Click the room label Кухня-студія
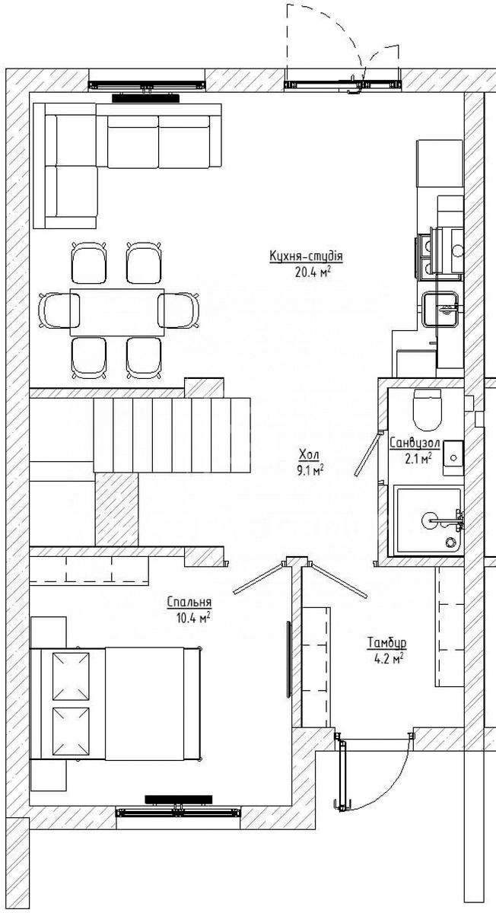coord(306,256)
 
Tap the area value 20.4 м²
coord(312,272)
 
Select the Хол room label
coord(310,454)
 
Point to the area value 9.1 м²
coord(310,471)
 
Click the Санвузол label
coord(415,443)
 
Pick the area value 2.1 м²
coord(418,459)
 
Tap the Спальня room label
coord(189,602)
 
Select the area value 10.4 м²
coord(193,619)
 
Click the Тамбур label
coord(386,643)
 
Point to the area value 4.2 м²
coord(389,659)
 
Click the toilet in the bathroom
coord(428,410)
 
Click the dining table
coord(117,312)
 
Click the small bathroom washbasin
coord(453,458)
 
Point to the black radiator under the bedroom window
coord(179,799)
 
